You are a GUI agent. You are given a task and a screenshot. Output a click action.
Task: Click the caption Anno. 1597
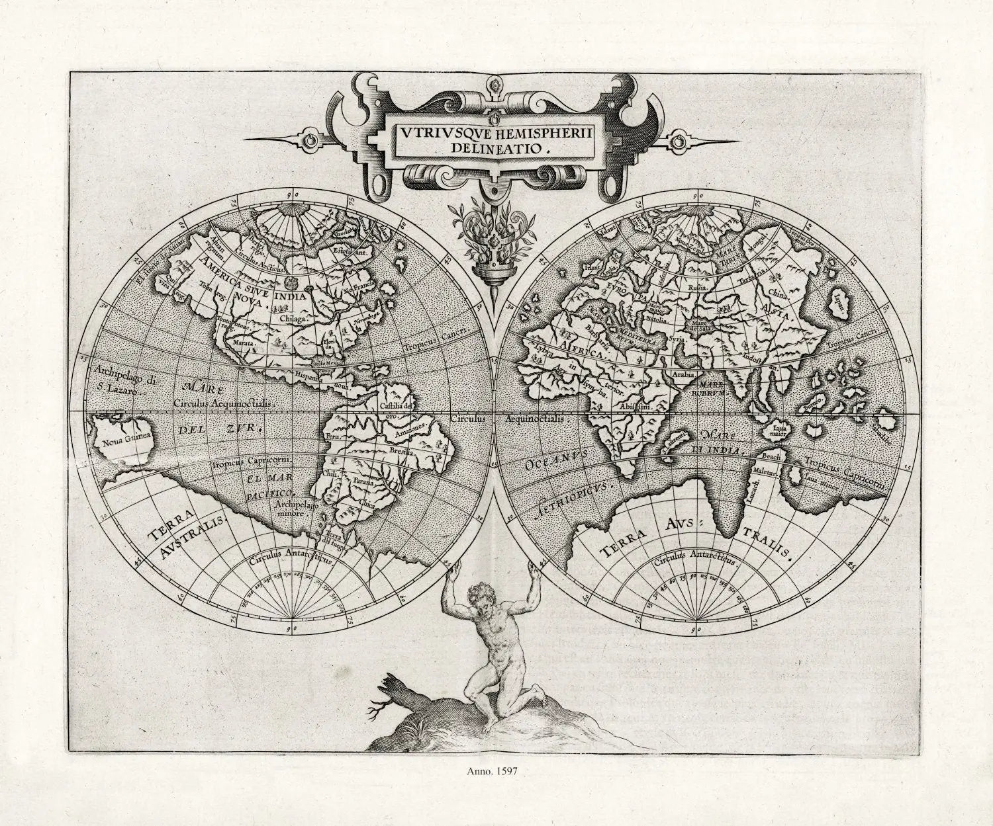[496, 770]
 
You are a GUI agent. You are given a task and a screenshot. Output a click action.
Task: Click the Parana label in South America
[363, 483]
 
